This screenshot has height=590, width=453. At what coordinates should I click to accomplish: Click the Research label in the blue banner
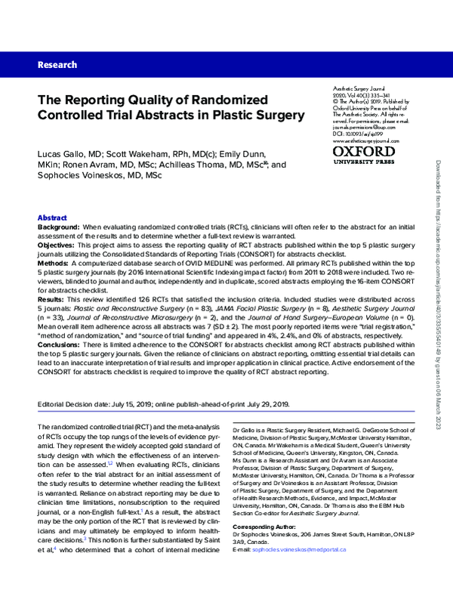pos(57,66)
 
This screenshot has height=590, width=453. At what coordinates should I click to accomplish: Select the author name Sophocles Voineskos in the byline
pos(85,175)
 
